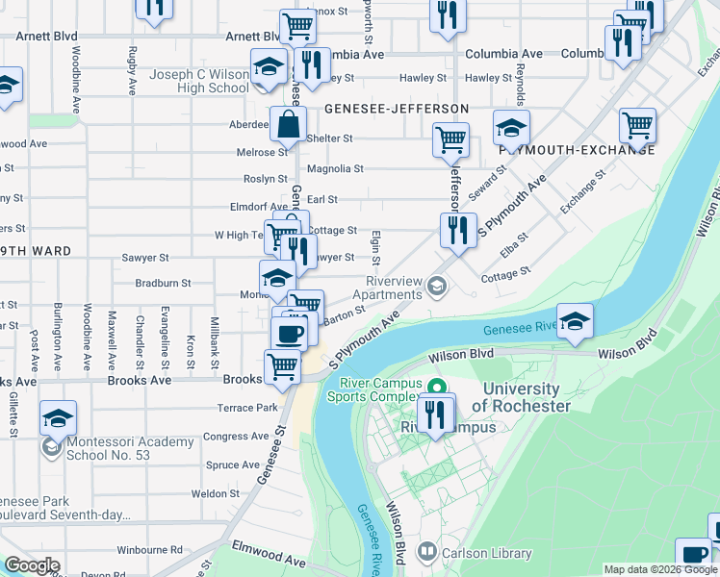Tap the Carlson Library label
click(x=486, y=553)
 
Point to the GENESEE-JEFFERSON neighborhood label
click(x=397, y=109)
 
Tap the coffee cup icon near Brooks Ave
click(x=289, y=334)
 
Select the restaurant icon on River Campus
click(x=436, y=414)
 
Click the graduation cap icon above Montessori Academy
click(x=59, y=419)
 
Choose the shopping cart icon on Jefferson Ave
click(x=450, y=141)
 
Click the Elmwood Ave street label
click(x=269, y=559)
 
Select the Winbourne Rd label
click(x=143, y=551)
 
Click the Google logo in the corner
click(x=32, y=564)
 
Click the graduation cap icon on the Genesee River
click(x=575, y=322)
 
